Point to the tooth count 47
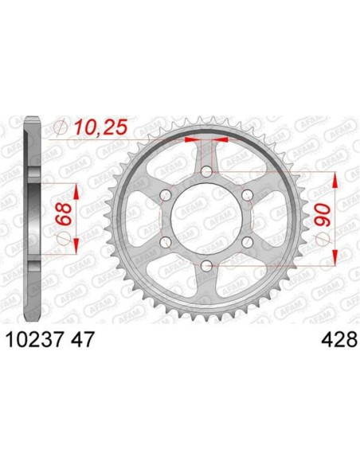(84, 340)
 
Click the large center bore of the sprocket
(207, 219)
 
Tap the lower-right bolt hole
(247, 242)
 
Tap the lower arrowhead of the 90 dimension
(337, 258)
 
